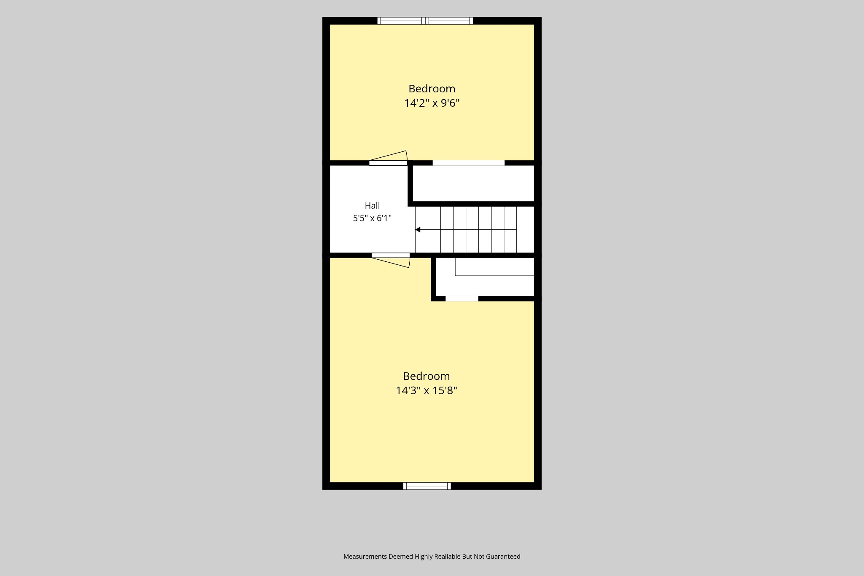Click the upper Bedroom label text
(x=432, y=89)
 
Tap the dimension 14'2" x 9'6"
(x=432, y=103)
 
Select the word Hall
(x=372, y=206)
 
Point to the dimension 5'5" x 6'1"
(x=372, y=218)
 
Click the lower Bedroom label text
(x=426, y=376)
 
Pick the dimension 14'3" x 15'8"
(x=426, y=390)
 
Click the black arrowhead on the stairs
(x=418, y=230)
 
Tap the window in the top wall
(x=425, y=21)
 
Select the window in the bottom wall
(x=427, y=486)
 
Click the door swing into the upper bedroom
(x=388, y=157)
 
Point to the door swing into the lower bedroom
(x=391, y=260)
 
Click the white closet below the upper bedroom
(x=473, y=183)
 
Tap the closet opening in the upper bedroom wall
(x=468, y=163)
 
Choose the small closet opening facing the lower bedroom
(x=462, y=299)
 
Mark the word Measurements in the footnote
(x=365, y=557)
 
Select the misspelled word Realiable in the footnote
(x=445, y=557)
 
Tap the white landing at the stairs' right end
(x=525, y=229)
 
